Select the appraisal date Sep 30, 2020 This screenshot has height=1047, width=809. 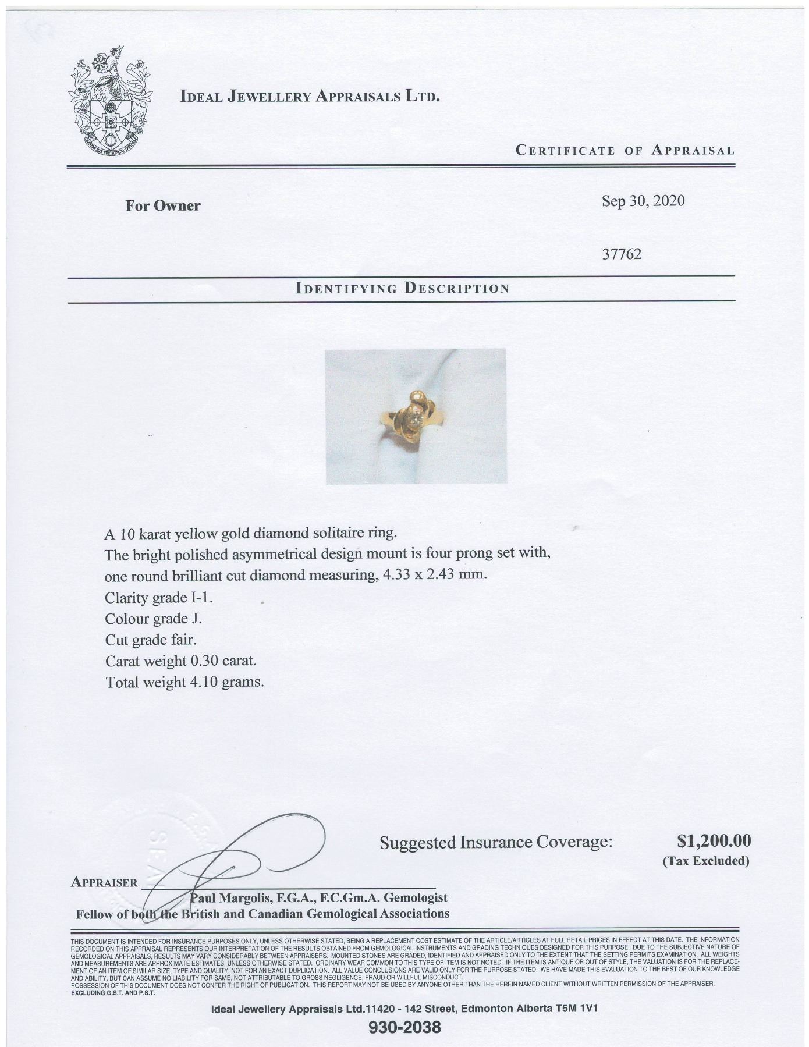[x=643, y=201]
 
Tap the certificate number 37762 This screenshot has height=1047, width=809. [x=622, y=254]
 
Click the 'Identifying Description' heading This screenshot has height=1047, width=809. [x=402, y=288]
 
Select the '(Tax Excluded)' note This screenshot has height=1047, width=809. [x=706, y=861]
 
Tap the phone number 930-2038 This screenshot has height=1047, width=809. [x=405, y=1027]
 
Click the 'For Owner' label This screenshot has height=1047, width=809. [x=163, y=205]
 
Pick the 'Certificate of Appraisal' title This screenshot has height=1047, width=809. [x=625, y=150]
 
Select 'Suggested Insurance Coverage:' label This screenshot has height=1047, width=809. [x=496, y=842]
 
